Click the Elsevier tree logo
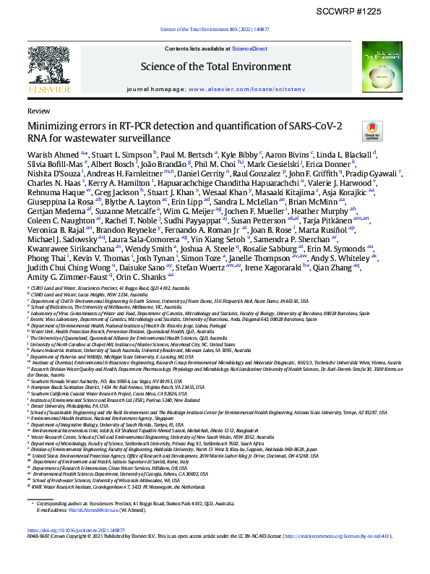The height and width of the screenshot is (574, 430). pos(49,69)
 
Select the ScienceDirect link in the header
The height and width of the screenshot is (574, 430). pos(249,48)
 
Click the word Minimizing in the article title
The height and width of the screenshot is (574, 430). pos(53,127)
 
